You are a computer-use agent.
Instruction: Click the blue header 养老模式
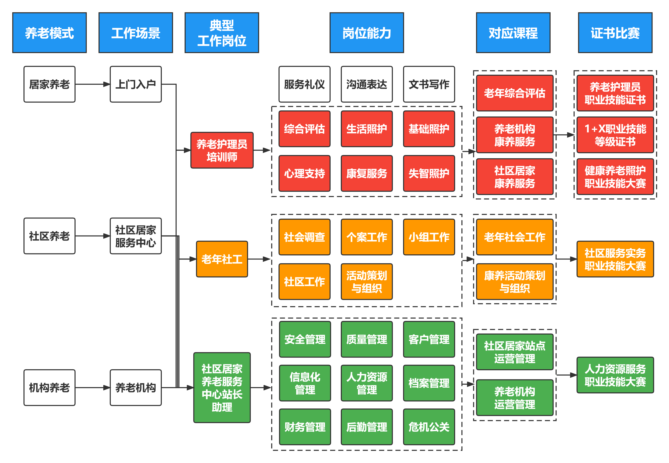[49, 33]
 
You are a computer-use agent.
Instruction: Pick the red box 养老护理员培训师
[222, 150]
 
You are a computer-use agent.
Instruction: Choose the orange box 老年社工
[222, 259]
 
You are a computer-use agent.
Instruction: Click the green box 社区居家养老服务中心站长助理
[222, 388]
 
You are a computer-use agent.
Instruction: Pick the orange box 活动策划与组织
[366, 281]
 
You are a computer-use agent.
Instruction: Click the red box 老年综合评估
[515, 93]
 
